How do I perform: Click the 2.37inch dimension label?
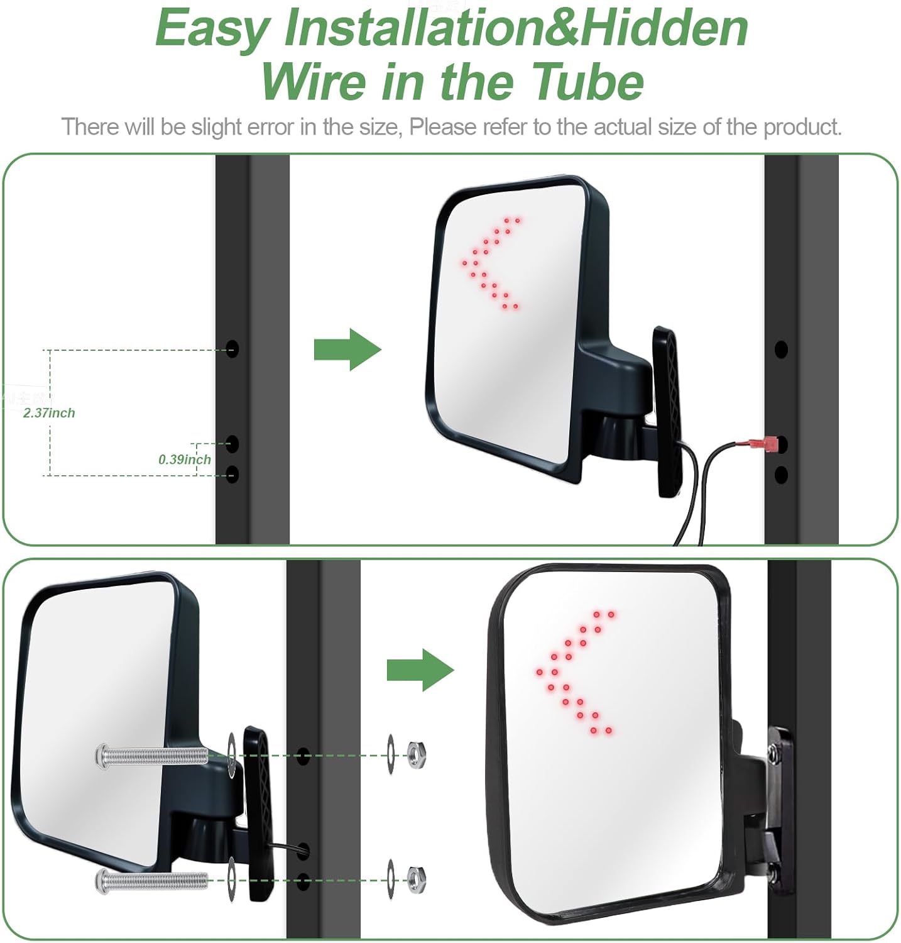[x=49, y=413]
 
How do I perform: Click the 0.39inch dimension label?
[x=184, y=460]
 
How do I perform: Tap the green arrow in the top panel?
[x=347, y=349]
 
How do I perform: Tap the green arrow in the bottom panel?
[x=420, y=670]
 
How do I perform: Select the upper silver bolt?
[x=151, y=754]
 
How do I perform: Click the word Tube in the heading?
[x=588, y=82]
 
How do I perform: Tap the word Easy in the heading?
[x=212, y=30]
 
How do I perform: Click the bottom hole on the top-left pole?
[x=232, y=474]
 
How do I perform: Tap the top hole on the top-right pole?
[x=781, y=349]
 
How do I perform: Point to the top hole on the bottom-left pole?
[x=303, y=756]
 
